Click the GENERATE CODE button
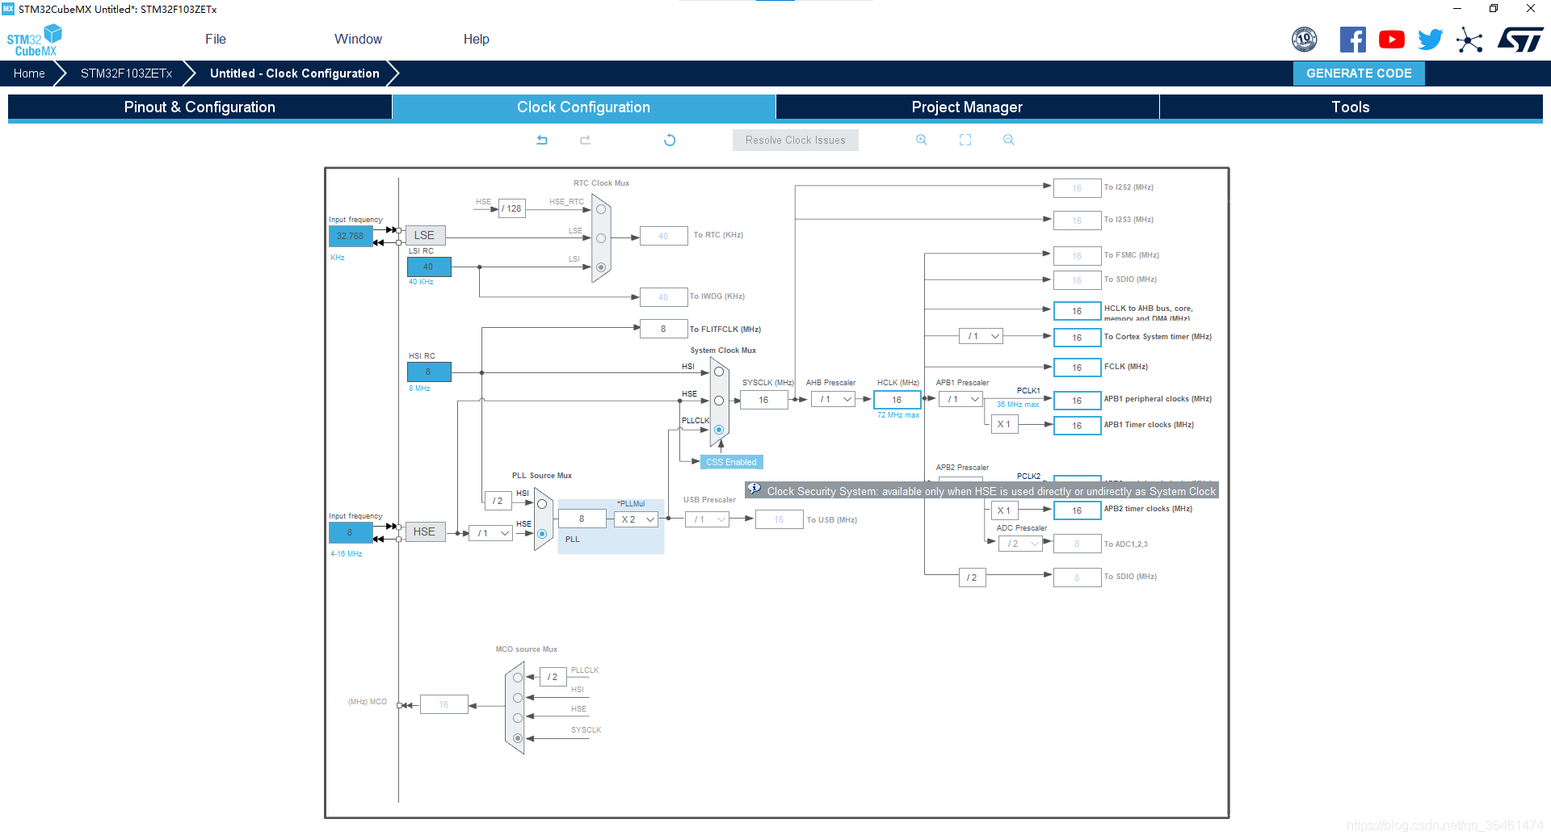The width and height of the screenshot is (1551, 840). [1359, 73]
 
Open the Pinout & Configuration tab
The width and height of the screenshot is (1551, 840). [200, 107]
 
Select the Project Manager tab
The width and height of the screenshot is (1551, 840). [967, 107]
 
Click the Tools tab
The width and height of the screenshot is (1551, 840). [1350, 107]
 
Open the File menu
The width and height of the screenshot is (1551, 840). [216, 39]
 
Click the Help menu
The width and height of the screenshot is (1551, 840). [476, 39]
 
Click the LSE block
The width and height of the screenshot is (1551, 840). [425, 235]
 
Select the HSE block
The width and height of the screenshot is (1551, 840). [425, 531]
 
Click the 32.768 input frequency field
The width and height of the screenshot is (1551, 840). [351, 236]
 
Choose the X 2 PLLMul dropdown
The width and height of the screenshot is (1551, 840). [637, 519]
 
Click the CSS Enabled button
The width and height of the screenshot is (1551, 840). [731, 462]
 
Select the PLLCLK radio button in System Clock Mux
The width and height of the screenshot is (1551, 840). [719, 430]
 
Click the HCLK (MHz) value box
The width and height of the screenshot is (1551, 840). [897, 400]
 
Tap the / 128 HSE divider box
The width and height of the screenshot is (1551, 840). [511, 208]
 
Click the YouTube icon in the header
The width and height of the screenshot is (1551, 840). [1391, 40]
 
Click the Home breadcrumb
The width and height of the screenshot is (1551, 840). [30, 73]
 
